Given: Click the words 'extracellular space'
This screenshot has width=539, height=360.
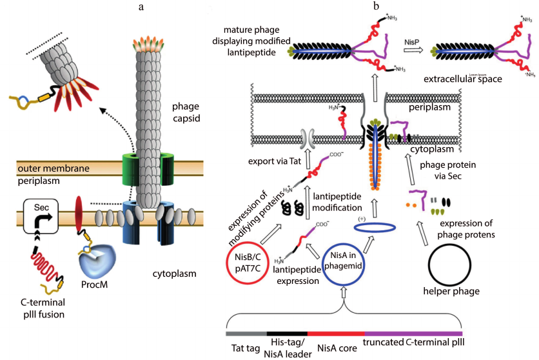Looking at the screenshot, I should coord(462,79).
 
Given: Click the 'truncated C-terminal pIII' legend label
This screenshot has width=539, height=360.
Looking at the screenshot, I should coord(418,343).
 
